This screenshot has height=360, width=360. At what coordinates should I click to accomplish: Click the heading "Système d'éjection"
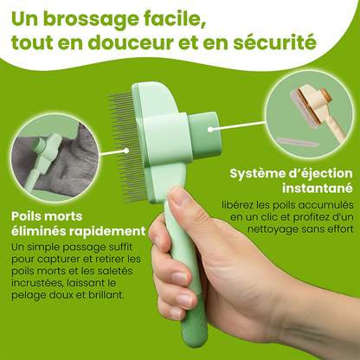click(291, 174)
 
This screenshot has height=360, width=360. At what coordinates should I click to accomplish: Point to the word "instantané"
click(318, 188)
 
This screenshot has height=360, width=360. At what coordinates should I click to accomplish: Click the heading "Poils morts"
click(47, 216)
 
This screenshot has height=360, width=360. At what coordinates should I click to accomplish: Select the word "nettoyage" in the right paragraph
click(272, 229)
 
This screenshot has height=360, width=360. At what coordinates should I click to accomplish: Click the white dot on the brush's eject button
click(210, 130)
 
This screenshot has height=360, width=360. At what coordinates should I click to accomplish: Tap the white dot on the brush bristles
click(126, 151)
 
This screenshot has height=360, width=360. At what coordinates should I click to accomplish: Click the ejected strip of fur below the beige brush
click(298, 142)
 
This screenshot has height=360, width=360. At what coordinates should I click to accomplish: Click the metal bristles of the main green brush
click(127, 146)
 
